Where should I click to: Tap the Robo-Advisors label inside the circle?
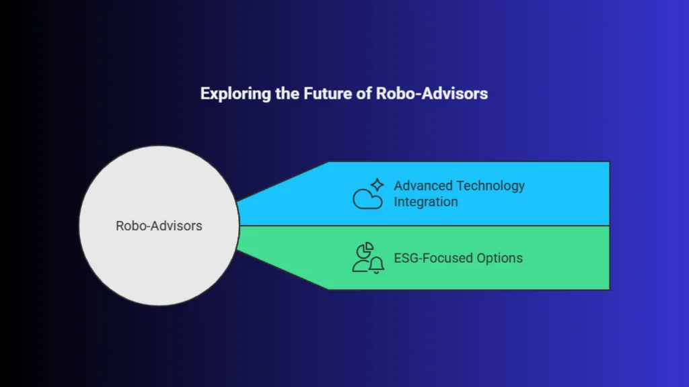159,226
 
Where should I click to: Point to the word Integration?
425,202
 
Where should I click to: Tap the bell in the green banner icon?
377,265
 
